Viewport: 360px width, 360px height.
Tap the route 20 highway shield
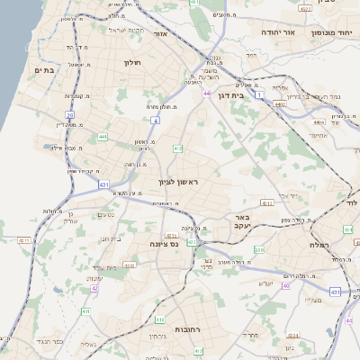[69, 115]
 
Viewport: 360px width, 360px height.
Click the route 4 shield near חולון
[155, 120]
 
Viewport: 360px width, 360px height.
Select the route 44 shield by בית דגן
[207, 93]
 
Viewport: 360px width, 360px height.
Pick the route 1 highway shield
[259, 94]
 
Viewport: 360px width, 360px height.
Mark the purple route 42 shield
[94, 288]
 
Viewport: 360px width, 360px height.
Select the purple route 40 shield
[286, 285]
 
